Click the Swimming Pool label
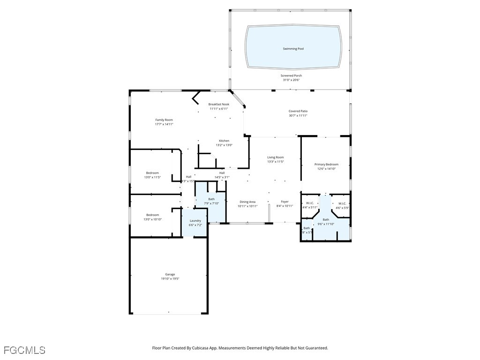pyautogui.click(x=293, y=49)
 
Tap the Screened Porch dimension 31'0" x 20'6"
pyautogui.click(x=291, y=80)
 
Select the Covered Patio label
pyautogui.click(x=298, y=111)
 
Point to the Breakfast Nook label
pyautogui.click(x=219, y=104)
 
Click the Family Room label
pyautogui.click(x=164, y=120)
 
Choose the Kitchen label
pyautogui.click(x=224, y=141)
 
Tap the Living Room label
pyautogui.click(x=276, y=157)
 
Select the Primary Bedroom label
pyautogui.click(x=326, y=165)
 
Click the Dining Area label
pyautogui.click(x=247, y=202)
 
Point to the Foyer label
pyautogui.click(x=285, y=202)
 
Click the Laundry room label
pyautogui.click(x=195, y=221)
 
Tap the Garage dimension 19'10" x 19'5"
pyautogui.click(x=170, y=278)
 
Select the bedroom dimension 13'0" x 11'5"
pyautogui.click(x=152, y=178)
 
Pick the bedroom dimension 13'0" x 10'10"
pyautogui.click(x=152, y=219)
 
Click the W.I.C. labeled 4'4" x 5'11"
pyautogui.click(x=310, y=207)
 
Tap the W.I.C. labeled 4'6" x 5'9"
pyautogui.click(x=342, y=207)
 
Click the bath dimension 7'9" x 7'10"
pyautogui.click(x=212, y=203)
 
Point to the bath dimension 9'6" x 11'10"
pyautogui.click(x=326, y=224)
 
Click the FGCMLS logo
pyautogui.click(x=24, y=350)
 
